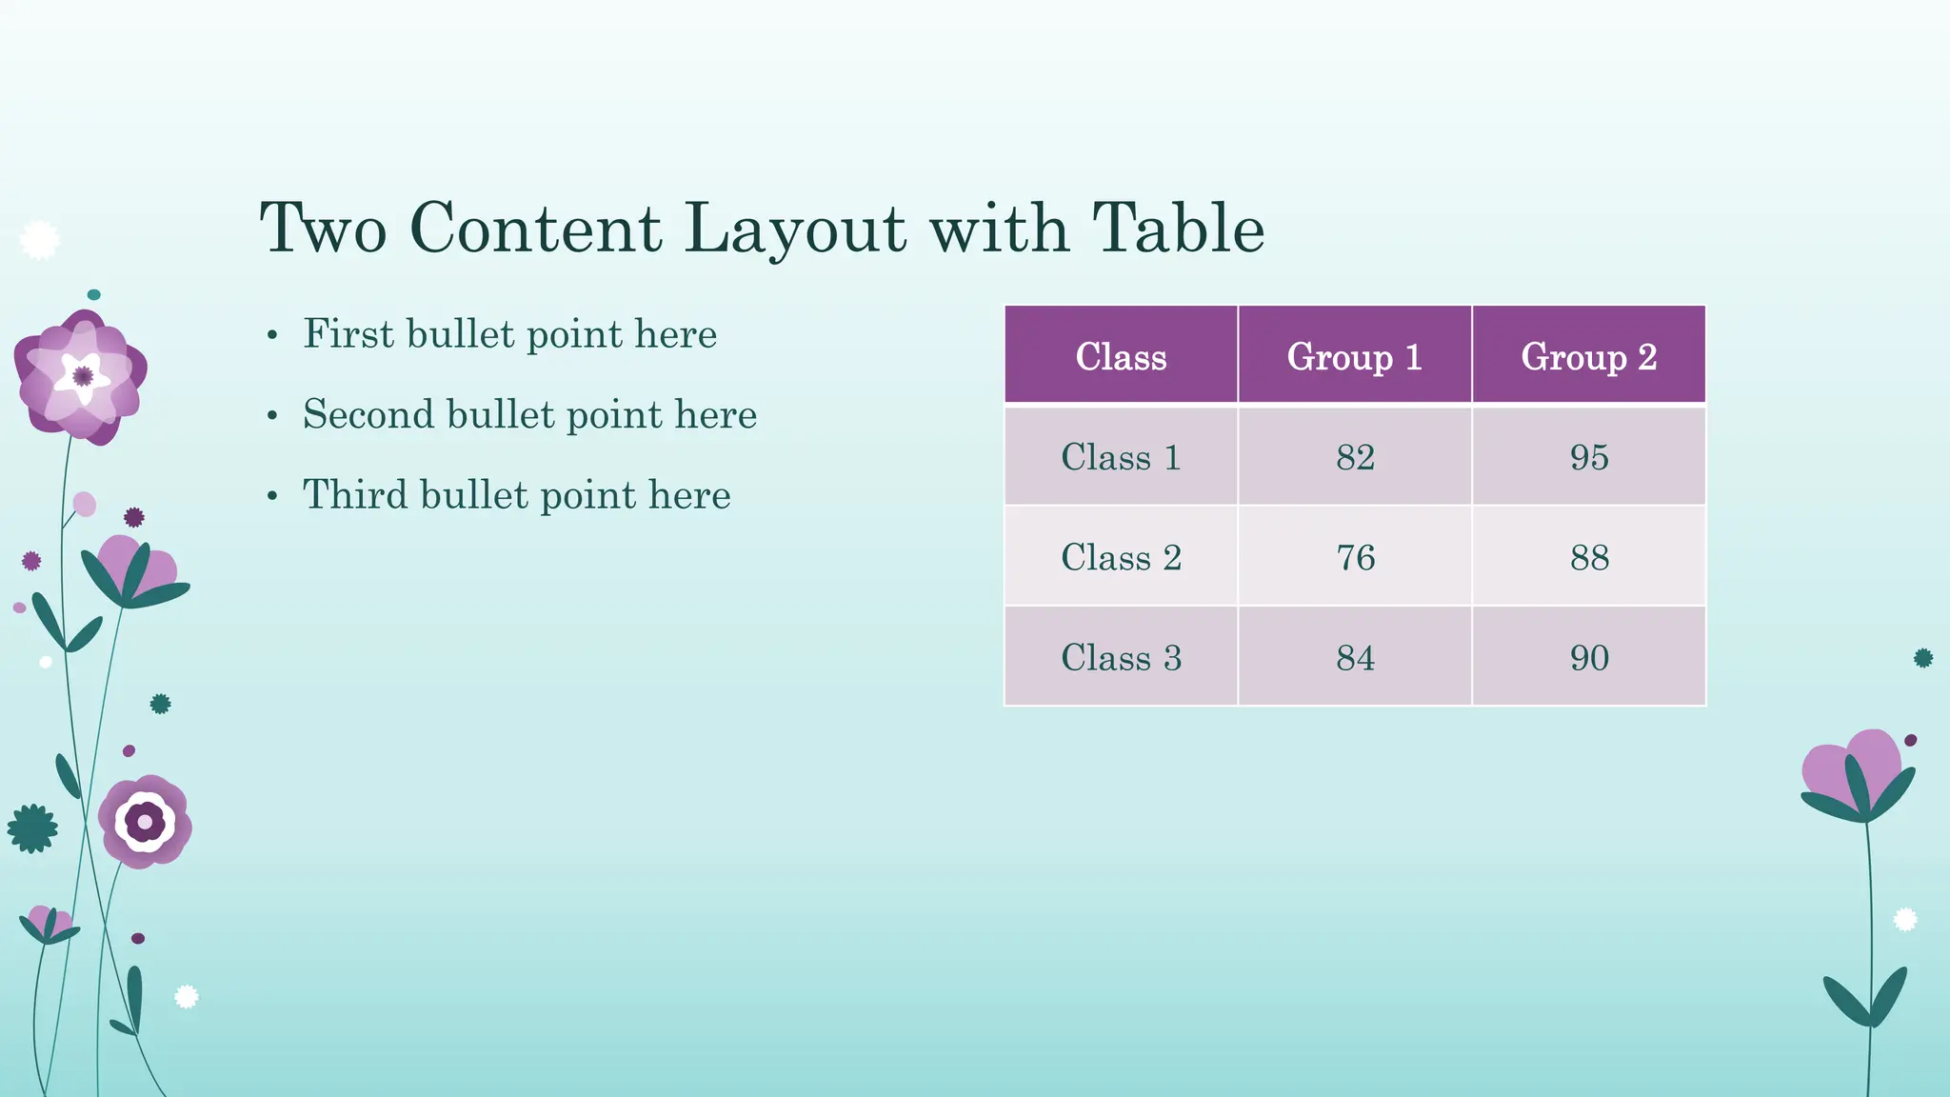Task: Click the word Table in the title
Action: [1178, 229]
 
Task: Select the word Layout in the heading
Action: [795, 229]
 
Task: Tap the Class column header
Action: [1121, 356]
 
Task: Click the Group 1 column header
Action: [1354, 356]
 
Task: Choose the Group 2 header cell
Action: [1588, 356]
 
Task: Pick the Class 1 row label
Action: [1121, 457]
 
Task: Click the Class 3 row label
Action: [1121, 657]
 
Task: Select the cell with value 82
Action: [1355, 457]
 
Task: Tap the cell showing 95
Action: [1589, 457]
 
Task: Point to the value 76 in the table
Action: [1355, 557]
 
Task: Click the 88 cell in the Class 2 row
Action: [1589, 557]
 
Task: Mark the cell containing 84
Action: [1355, 657]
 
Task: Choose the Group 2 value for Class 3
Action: [1589, 657]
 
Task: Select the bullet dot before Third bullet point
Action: [272, 496]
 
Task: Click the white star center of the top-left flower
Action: [82, 375]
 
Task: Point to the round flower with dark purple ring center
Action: [145, 821]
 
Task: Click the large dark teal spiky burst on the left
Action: [32, 828]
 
